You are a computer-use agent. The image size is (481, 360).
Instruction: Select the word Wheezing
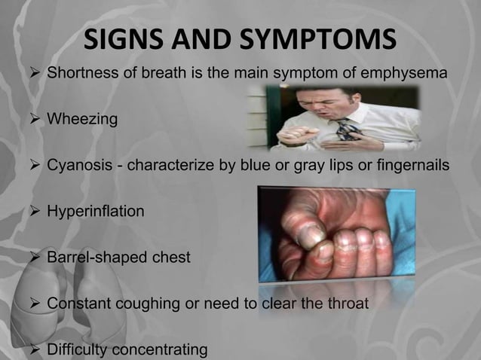pos(82,119)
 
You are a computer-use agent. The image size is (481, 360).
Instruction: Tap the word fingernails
pos(417,166)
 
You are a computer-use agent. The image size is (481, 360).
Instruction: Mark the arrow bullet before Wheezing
pos(34,119)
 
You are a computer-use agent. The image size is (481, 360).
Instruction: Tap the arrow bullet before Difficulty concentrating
pos(34,350)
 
